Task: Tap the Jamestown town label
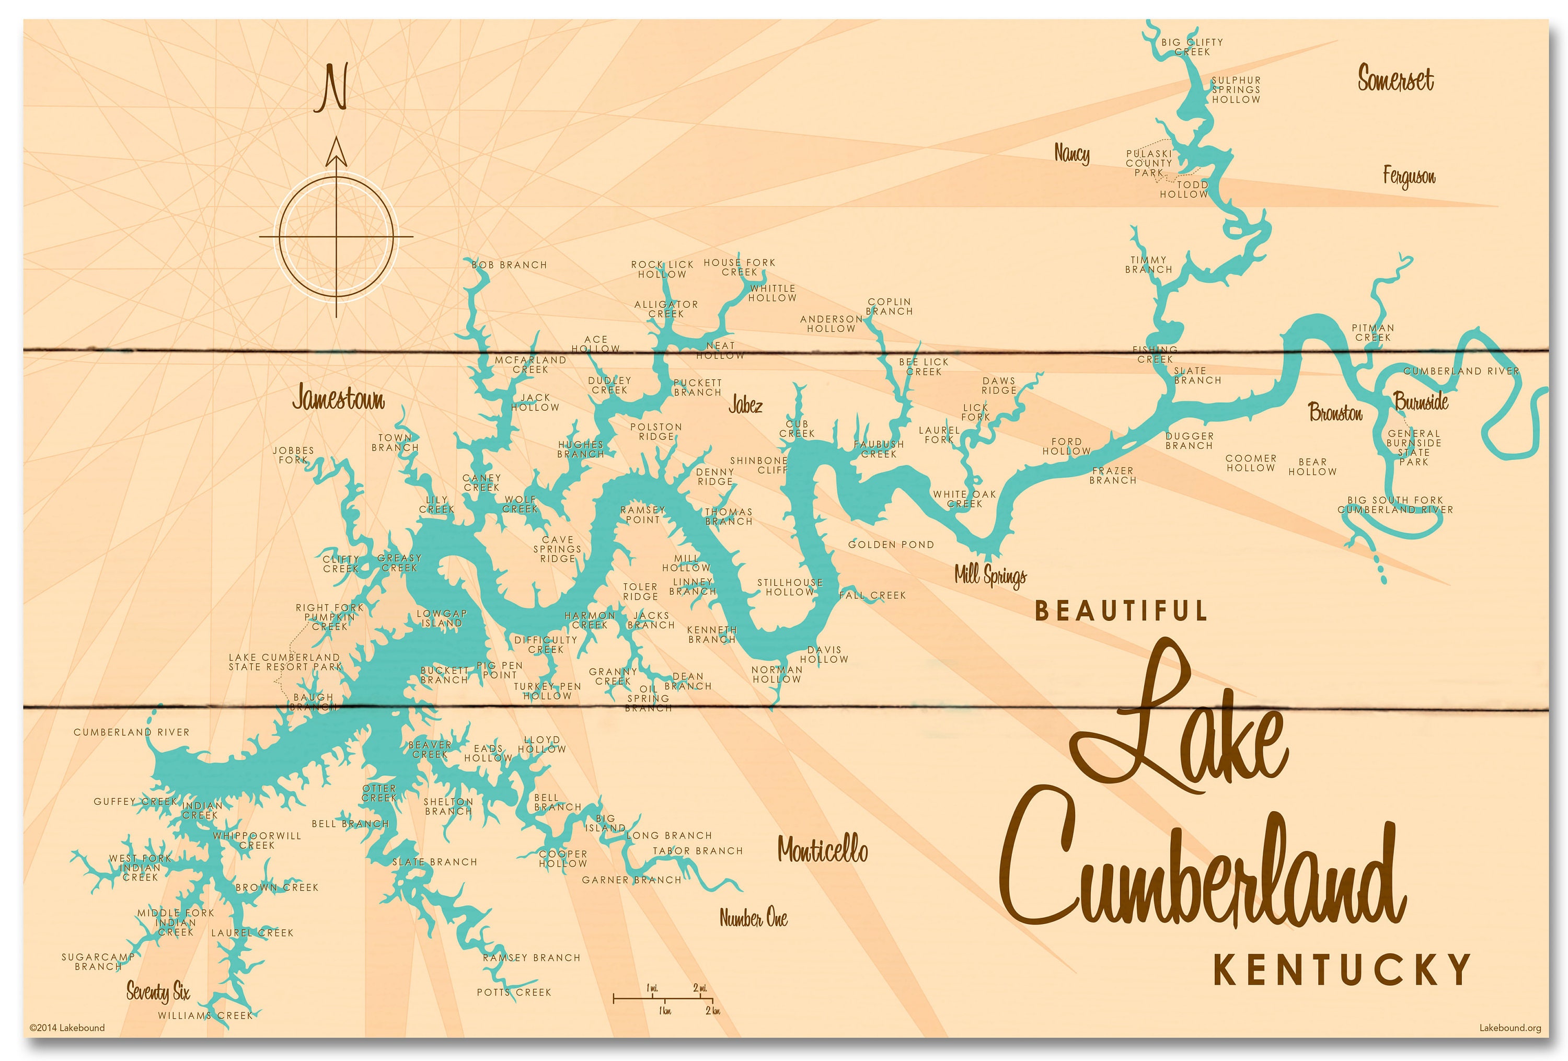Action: pos(338,399)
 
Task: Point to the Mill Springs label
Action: pos(990,575)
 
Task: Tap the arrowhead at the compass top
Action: pos(336,152)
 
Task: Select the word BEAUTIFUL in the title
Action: pos(1121,611)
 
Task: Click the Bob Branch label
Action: pos(509,265)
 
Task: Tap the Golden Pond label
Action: pos(891,544)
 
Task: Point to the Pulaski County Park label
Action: pos(1148,163)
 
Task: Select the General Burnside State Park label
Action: pos(1413,448)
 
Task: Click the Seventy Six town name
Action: pos(158,991)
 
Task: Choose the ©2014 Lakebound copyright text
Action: pos(67,1028)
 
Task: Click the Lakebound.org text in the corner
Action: pos(1510,1028)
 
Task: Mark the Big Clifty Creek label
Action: pos(1192,47)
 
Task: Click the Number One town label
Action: pos(753,918)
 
